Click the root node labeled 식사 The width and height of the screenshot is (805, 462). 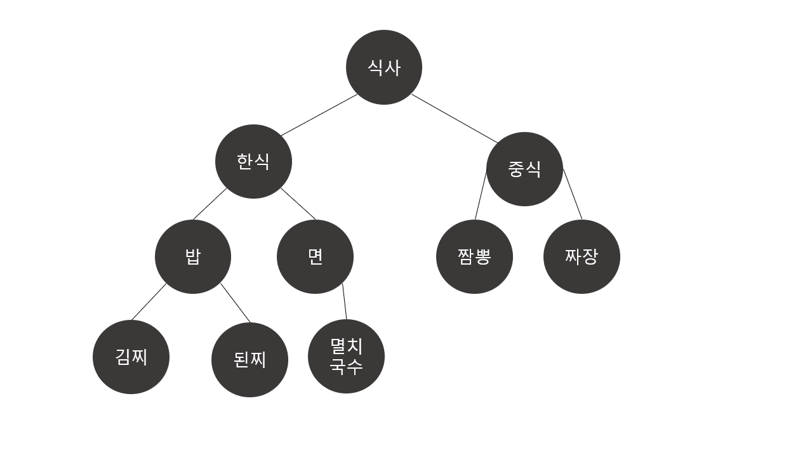tap(383, 67)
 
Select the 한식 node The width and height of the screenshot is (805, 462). tap(253, 161)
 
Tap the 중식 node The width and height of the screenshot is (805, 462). tap(524, 169)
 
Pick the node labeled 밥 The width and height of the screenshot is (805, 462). tap(192, 256)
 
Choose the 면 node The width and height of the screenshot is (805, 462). tap(315, 256)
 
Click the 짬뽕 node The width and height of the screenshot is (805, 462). tap(474, 256)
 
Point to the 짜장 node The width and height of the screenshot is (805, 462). tap(582, 256)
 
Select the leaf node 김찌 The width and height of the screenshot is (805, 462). tap(131, 357)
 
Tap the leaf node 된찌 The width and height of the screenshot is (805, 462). tap(249, 360)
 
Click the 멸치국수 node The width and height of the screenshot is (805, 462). tap(346, 356)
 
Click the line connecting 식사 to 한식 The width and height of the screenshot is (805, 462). tap(319, 115)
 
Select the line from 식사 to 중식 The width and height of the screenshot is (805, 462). tap(455, 119)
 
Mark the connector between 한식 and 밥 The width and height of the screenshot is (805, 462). tap(210, 204)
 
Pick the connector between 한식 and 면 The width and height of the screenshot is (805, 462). tap(298, 203)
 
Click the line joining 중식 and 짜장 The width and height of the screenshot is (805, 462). tap(573, 194)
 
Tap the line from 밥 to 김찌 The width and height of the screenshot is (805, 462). tap(149, 301)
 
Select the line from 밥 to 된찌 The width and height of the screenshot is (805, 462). tap(235, 303)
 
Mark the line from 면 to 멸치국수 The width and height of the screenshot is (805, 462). tap(345, 301)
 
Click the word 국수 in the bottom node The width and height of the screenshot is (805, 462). tap(346, 366)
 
